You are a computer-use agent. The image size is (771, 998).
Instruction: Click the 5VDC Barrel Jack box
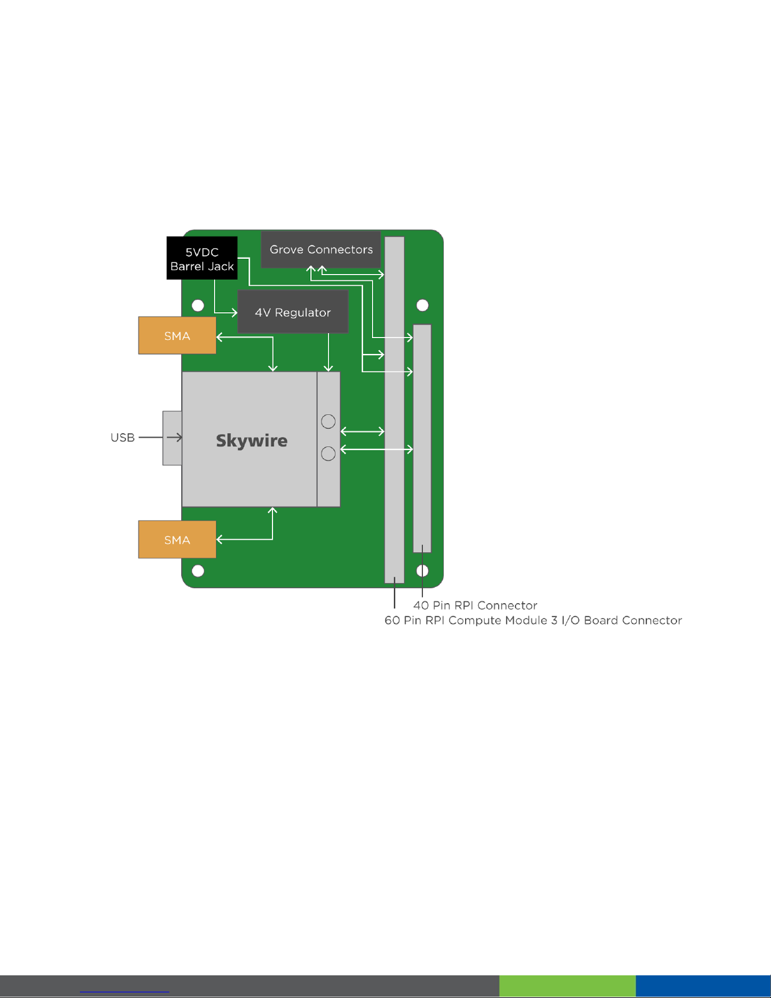click(x=201, y=258)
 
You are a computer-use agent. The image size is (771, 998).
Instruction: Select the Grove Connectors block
click(x=321, y=249)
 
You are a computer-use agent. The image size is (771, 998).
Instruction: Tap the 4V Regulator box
click(x=293, y=312)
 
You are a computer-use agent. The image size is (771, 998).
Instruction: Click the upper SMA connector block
click(x=177, y=336)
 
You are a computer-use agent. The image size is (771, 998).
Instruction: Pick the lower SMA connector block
click(x=177, y=540)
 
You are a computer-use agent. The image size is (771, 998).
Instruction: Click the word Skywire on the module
click(x=252, y=440)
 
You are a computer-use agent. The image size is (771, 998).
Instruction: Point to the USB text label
click(x=123, y=438)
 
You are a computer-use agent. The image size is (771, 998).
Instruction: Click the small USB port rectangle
click(x=172, y=438)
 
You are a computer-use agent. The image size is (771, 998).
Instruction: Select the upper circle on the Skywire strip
click(x=328, y=421)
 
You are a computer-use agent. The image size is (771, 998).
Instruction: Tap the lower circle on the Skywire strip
click(x=328, y=453)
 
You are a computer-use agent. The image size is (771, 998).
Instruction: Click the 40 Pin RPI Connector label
click(x=475, y=605)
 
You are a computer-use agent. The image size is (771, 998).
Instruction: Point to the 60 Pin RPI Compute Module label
click(x=533, y=620)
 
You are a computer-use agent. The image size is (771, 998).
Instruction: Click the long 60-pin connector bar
click(x=394, y=409)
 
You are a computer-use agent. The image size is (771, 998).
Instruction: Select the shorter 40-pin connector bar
click(x=422, y=438)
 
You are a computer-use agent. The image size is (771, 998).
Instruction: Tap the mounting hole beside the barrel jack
click(x=198, y=305)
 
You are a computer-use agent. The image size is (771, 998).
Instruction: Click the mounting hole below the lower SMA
click(x=198, y=571)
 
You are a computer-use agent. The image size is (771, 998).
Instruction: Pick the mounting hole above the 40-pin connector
click(x=422, y=305)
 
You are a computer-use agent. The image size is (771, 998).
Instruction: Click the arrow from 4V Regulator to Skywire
click(x=329, y=353)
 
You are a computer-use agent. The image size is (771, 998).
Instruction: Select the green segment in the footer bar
click(x=567, y=986)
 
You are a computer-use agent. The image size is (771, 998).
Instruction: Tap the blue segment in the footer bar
click(x=703, y=986)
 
